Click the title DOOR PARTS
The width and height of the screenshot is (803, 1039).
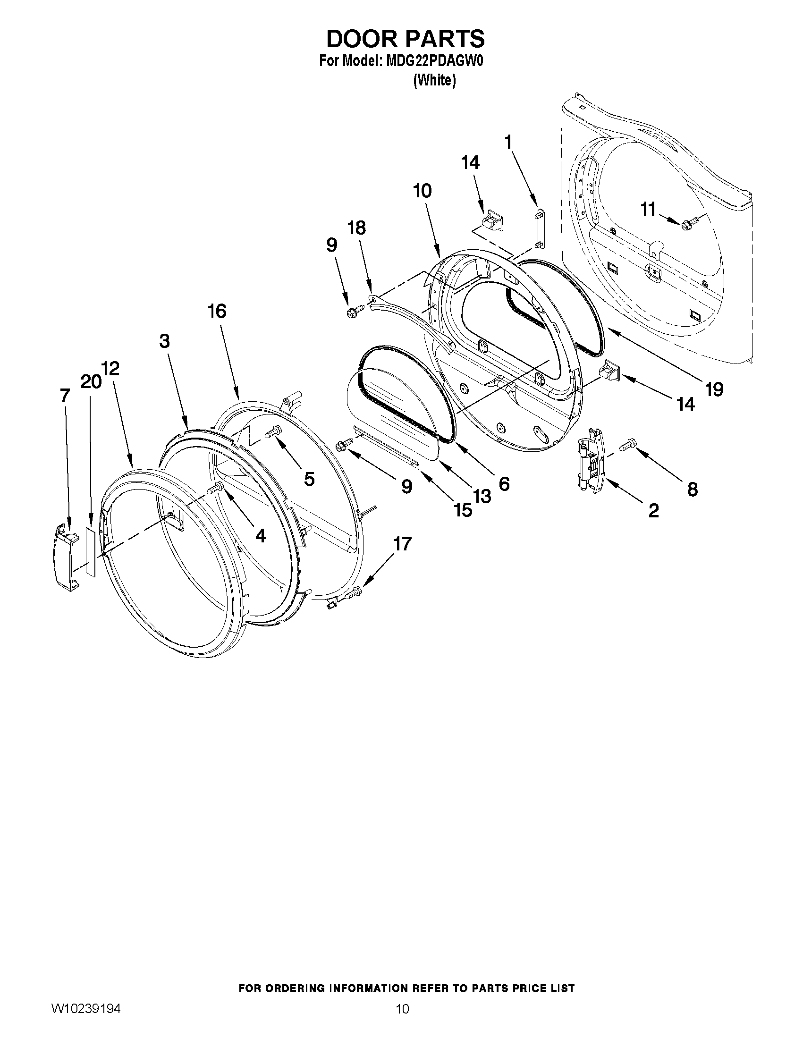(x=405, y=39)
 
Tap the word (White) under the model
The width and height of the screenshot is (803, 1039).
(x=434, y=81)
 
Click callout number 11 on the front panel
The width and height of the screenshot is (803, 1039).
(x=648, y=209)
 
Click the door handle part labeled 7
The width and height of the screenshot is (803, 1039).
(x=65, y=561)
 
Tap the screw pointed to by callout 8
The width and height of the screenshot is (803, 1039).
(x=627, y=446)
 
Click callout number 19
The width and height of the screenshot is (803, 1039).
(x=714, y=389)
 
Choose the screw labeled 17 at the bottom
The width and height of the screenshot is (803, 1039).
(x=355, y=592)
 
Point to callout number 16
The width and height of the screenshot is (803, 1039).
(x=217, y=312)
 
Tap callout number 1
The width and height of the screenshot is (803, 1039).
(x=508, y=142)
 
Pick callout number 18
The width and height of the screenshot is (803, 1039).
(x=357, y=228)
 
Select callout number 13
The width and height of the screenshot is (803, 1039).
(x=482, y=496)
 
